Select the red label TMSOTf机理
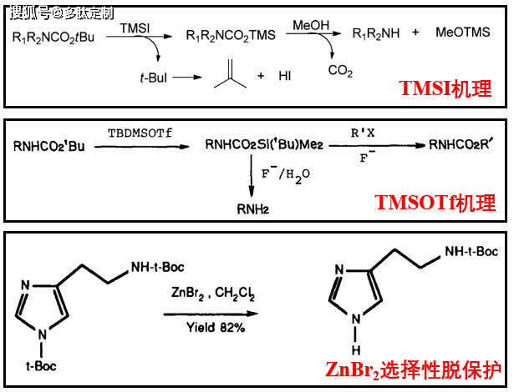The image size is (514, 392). point(435,203)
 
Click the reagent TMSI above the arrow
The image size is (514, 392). point(136,28)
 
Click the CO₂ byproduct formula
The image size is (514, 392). point(340,72)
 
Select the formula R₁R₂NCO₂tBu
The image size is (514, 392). point(54,36)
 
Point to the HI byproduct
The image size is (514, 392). point(285,76)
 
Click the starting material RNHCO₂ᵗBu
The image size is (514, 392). point(49,148)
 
